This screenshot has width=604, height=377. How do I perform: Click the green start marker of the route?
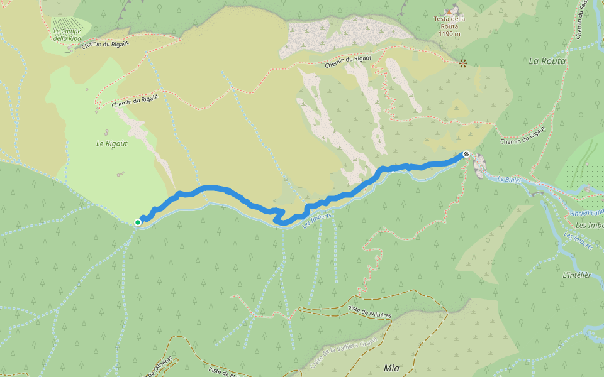click(x=138, y=222)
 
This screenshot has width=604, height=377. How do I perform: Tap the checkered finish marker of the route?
click(x=466, y=154)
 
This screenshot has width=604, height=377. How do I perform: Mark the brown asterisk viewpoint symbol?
click(x=463, y=63)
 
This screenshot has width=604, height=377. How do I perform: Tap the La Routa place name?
click(x=547, y=61)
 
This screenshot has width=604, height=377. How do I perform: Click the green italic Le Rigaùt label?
click(x=111, y=143)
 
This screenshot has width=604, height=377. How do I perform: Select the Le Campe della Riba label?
click(x=68, y=35)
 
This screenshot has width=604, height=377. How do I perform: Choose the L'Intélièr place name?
click(x=577, y=275)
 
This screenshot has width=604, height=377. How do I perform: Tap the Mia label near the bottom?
click(x=391, y=368)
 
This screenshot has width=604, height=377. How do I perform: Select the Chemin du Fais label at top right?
click(x=582, y=19)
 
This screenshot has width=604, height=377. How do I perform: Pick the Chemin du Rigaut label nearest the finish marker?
click(x=522, y=137)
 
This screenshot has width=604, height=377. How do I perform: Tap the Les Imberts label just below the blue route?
click(x=316, y=219)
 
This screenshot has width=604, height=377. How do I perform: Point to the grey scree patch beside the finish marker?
click(x=479, y=165)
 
